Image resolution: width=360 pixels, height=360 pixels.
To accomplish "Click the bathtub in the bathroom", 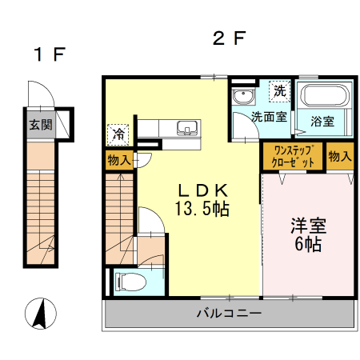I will point(326,98).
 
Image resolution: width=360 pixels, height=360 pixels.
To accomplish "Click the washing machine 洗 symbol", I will point(279,91).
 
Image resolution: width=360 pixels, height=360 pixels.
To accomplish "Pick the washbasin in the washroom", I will point(242,98).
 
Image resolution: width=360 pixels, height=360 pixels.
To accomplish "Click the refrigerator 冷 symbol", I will point(118,132).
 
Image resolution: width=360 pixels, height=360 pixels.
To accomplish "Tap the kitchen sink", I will point(188,127).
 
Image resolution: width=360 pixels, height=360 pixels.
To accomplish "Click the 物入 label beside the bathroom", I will point(339,155).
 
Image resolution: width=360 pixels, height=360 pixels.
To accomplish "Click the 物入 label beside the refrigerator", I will point(119,160).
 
